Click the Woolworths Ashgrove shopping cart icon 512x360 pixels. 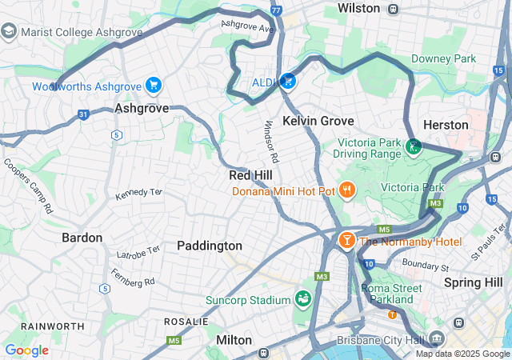click(x=154, y=86)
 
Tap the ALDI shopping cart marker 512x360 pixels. click(x=287, y=81)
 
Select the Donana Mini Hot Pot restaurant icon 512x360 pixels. click(x=346, y=190)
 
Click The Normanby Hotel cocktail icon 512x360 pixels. click(x=347, y=240)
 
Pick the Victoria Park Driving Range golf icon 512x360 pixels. click(x=414, y=146)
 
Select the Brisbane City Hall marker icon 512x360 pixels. click(x=437, y=338)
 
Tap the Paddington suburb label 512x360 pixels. click(x=210, y=246)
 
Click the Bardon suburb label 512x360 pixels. click(x=82, y=238)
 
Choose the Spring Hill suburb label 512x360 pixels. click(x=473, y=282)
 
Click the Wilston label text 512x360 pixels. click(x=358, y=8)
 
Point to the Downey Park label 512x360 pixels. click(x=443, y=58)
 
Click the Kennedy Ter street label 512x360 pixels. click(x=138, y=194)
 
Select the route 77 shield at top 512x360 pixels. click(x=276, y=10)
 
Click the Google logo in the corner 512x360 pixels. click(x=26, y=350)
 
